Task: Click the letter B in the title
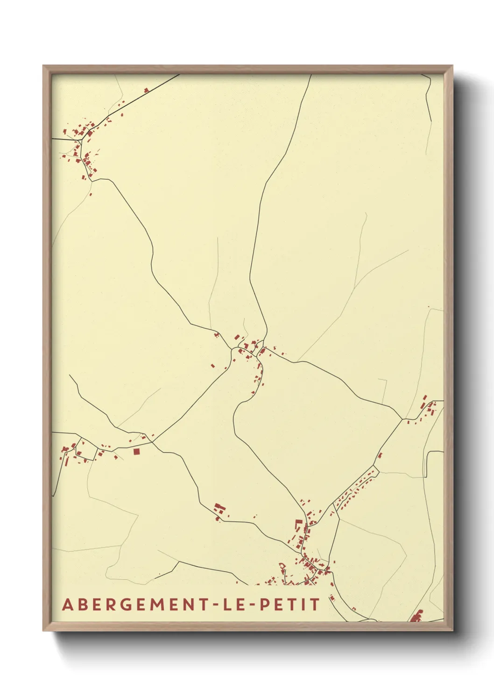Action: coord(82,604)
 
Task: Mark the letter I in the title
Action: coord(304,604)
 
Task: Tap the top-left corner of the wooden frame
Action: coord(44,66)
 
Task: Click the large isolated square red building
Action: coord(136,452)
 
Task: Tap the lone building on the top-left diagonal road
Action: coord(146,90)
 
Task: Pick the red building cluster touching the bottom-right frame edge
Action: coord(416,616)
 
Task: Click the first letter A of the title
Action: coord(68,604)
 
